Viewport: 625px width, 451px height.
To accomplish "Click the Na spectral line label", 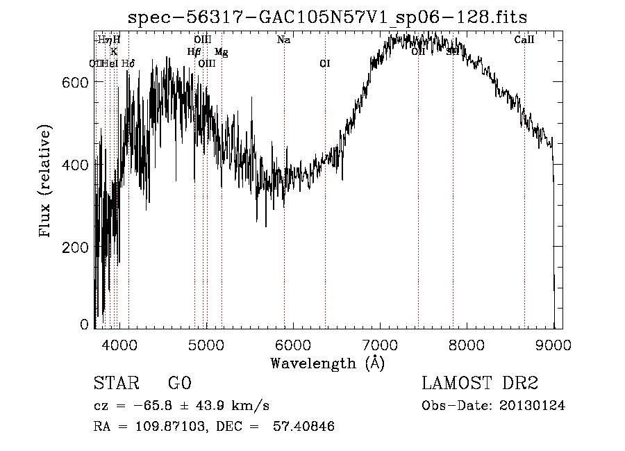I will (x=283, y=40).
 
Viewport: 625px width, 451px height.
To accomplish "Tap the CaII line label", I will (x=524, y=40).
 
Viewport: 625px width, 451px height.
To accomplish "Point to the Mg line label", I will (x=221, y=51).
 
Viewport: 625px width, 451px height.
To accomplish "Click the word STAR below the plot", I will (x=115, y=384).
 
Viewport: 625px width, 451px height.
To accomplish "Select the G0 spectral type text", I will (x=179, y=384).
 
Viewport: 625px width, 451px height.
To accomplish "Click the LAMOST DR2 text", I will (x=480, y=384).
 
